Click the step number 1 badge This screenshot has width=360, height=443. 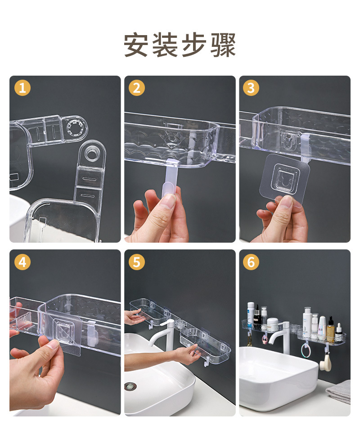pos(22,88)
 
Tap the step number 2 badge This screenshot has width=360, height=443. pos(137,88)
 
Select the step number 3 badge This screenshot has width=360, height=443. pos(251,88)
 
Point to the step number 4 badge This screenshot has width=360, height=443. pos(22,262)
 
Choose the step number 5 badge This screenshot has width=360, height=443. pos(137,262)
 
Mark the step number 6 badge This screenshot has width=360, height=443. pos(251,262)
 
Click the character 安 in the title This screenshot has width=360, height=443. pos(136,45)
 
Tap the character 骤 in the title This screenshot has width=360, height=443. pos(223,45)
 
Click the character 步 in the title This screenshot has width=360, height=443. pos(194,45)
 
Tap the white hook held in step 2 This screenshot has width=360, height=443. pos(170,181)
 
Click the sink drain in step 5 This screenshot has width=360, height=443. pos(130,386)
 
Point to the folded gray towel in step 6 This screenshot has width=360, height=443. pos(339,391)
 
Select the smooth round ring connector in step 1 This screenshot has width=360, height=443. pos(91,154)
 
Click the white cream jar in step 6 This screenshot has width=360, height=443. pos(272,325)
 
